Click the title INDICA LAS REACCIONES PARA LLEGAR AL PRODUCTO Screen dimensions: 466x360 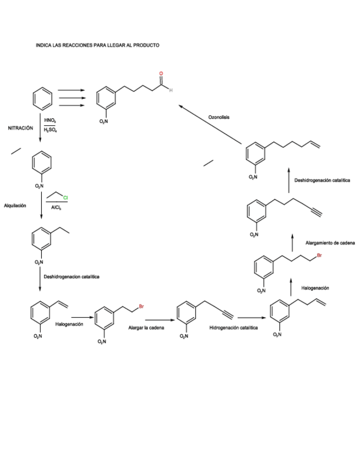pos(97,45)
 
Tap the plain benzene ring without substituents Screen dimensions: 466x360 pos(43,99)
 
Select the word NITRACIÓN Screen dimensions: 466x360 pos(20,128)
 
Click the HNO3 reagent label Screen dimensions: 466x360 pos(49,120)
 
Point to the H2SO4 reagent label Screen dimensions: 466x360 pos(50,131)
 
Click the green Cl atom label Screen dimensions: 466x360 pos(65,197)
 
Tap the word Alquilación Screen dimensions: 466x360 pos(15,206)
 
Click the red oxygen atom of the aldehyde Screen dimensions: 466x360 pos(161,74)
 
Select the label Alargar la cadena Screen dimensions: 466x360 pos(142,328)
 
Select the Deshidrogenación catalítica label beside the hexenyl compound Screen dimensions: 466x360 pos(322,180)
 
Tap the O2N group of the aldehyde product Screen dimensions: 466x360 pos(104,121)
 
